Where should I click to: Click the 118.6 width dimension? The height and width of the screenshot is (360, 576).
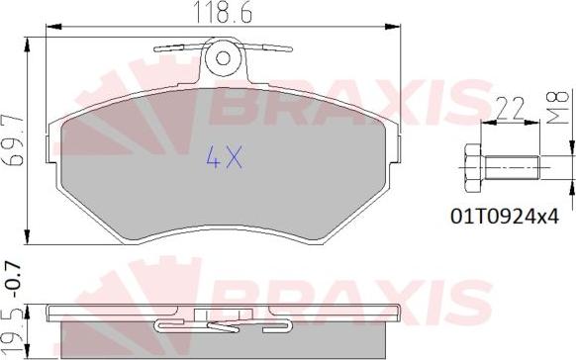pos(223,13)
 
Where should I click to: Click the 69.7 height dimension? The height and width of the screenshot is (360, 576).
pos(14,141)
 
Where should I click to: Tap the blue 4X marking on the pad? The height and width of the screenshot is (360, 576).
pos(224,156)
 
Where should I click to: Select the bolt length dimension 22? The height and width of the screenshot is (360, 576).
pos(510,108)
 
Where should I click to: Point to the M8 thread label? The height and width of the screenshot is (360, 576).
pos(558,107)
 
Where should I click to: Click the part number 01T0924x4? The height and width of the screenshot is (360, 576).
pos(505,217)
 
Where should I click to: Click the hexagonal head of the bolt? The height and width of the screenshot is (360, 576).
pos(473,168)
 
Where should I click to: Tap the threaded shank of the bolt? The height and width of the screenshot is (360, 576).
pos(512,168)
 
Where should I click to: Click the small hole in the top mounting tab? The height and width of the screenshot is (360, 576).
pos(223,58)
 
